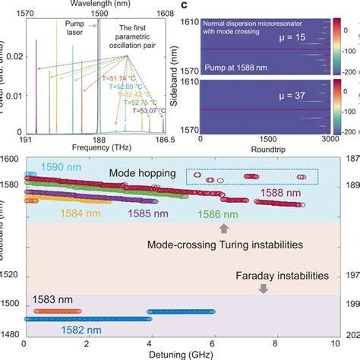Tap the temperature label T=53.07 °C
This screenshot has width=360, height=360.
tap(153, 110)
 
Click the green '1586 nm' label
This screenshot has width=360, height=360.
tap(221, 215)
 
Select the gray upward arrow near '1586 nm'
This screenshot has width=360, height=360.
tap(223, 228)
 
